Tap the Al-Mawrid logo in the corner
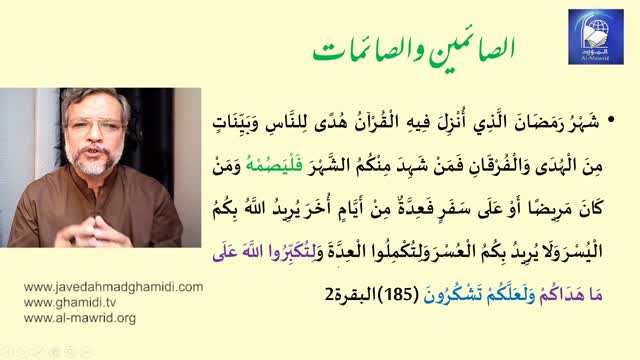click(595, 37)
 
